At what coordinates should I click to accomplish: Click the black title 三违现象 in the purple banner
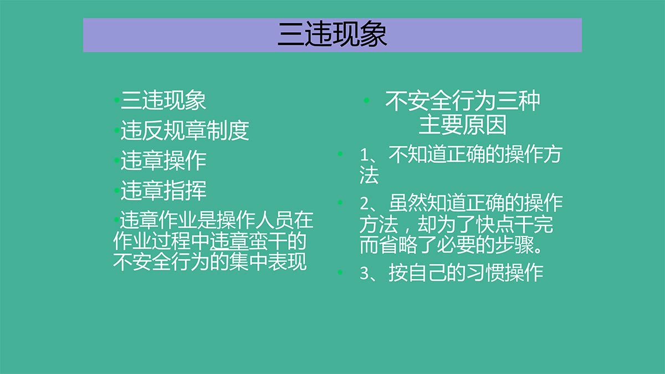tap(332, 34)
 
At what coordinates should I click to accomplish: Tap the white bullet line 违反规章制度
tap(185, 131)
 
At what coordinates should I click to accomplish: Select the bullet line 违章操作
tap(163, 161)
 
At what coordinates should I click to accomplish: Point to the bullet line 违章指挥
tap(163, 190)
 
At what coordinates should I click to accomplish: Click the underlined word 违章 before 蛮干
tap(229, 241)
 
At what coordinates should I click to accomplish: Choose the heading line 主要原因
tap(462, 125)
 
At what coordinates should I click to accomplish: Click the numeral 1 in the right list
tap(364, 155)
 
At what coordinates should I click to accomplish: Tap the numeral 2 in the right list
tap(364, 203)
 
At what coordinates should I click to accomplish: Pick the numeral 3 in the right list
tap(364, 273)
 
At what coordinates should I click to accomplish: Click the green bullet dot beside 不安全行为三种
tap(367, 100)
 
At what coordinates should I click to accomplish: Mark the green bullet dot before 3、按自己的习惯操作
tap(340, 272)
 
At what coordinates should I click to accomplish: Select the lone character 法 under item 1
tap(369, 175)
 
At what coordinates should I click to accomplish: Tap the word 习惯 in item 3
tap(485, 273)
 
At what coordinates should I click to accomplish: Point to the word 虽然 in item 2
tap(408, 203)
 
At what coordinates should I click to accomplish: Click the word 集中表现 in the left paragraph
tap(268, 262)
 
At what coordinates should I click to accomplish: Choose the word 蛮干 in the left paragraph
tap(268, 241)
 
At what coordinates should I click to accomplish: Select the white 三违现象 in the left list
tap(163, 100)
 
